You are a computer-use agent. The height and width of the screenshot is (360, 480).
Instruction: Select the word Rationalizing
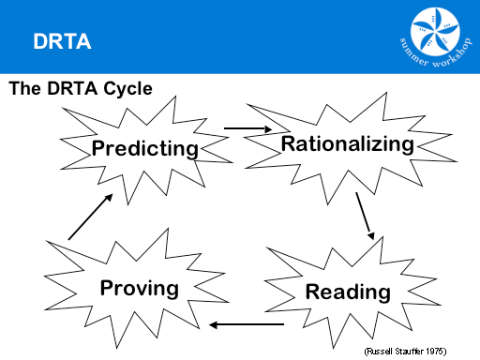pos(347,144)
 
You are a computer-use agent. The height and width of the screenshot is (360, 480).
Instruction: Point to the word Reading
pos(347,292)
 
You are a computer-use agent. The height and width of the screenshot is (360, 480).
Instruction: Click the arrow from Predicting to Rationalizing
pos(247,128)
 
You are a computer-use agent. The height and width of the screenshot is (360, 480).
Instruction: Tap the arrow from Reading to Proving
pos(247,325)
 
